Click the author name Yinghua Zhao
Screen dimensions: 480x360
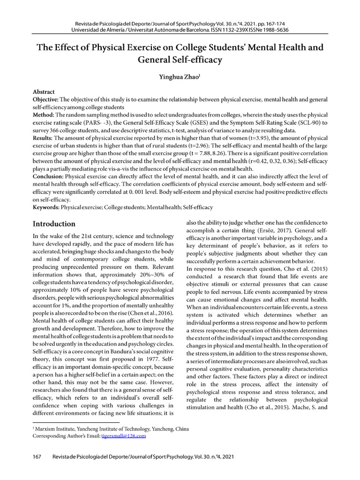180,77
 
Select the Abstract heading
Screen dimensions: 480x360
44,92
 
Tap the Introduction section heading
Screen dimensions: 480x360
54,224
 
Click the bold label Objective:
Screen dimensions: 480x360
45,100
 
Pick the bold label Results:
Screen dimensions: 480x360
43,138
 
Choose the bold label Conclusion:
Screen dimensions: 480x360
48,176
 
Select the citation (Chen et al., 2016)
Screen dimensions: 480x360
145,313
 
